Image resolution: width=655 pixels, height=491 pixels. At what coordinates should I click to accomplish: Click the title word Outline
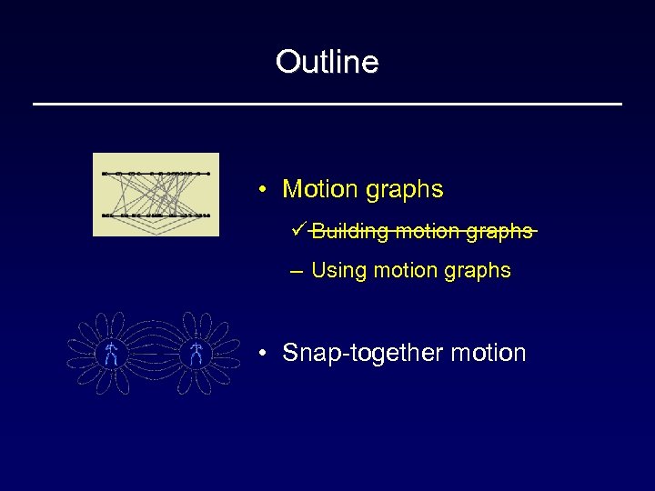327,62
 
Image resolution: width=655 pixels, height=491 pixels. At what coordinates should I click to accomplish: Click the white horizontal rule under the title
327,105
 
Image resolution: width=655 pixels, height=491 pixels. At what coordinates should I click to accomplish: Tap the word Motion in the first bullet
320,189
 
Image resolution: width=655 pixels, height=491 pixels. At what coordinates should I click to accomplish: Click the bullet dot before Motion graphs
261,191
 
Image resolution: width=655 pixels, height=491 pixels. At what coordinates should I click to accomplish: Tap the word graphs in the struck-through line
499,232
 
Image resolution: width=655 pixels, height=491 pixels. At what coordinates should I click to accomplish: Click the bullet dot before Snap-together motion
261,354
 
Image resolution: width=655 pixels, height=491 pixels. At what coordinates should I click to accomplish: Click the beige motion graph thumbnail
156,195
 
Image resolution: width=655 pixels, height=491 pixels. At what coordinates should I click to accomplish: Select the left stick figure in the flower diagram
111,355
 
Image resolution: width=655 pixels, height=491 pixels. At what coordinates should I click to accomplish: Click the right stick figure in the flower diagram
196,355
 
